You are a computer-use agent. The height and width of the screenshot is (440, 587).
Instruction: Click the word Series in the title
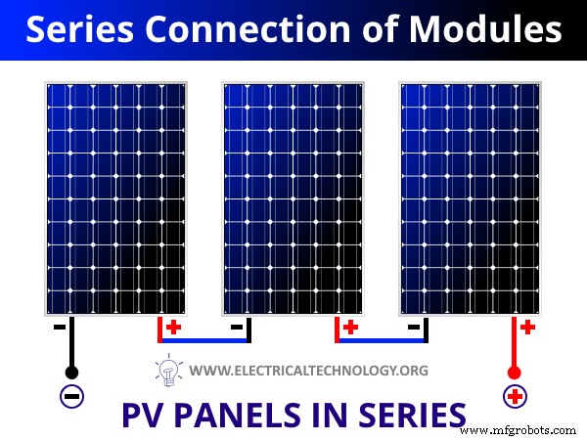pos(83,30)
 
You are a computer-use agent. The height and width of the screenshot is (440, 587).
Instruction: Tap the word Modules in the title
pos(487,30)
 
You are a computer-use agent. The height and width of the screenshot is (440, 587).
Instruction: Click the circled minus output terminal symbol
pos(71,397)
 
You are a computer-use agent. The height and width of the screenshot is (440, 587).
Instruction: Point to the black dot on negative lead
pos(71,373)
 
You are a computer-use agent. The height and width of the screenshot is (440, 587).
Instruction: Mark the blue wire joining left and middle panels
pos(203,340)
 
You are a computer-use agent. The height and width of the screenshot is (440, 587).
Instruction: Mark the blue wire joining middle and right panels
pos(381,340)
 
